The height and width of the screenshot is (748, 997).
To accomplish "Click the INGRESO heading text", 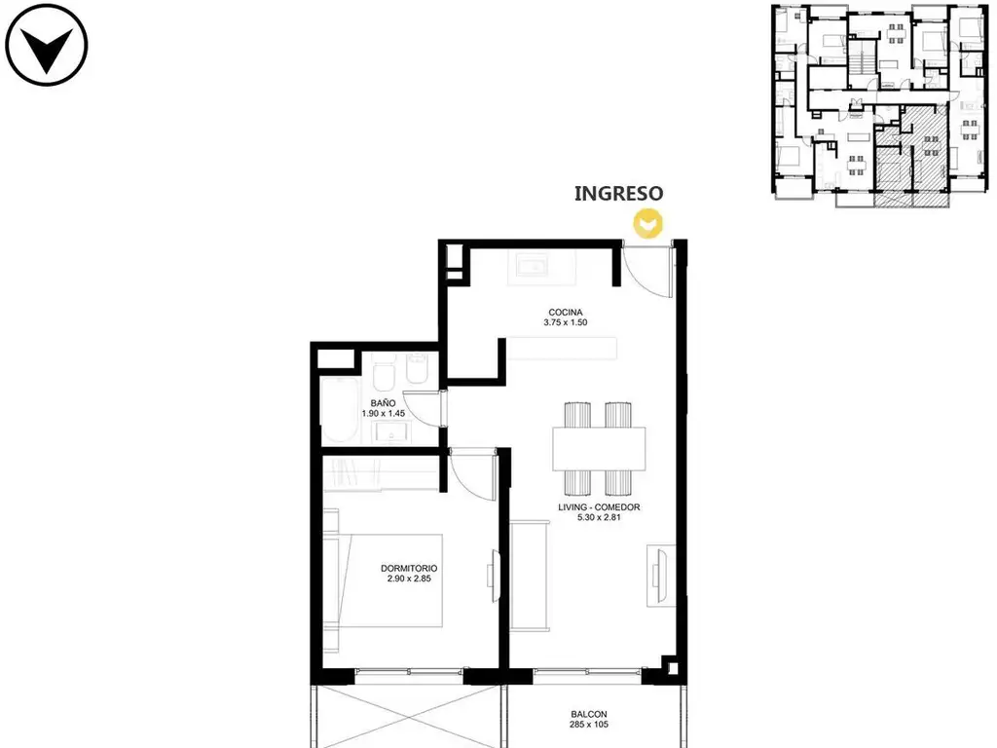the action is [x=618, y=194].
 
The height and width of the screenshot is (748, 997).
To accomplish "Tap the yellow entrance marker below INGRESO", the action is [x=647, y=223].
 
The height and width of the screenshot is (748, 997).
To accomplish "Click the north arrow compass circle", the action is [x=47, y=45].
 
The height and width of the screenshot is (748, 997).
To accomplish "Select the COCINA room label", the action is [x=566, y=313].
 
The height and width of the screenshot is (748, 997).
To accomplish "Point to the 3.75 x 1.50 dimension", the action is [x=566, y=322].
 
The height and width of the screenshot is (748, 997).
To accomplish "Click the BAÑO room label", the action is [x=383, y=403].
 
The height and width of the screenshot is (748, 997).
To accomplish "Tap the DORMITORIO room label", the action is [x=409, y=569].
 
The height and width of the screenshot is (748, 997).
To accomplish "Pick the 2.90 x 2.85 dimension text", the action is [x=409, y=579].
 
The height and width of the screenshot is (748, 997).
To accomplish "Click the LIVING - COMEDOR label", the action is [x=599, y=507].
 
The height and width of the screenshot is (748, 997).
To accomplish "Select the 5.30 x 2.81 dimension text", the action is [x=599, y=518].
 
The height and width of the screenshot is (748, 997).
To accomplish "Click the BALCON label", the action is [x=589, y=714].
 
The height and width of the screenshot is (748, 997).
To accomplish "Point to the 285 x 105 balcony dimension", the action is [x=589, y=725].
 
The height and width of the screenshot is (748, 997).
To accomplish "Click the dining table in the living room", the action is [x=599, y=449].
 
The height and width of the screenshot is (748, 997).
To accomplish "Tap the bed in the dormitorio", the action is [x=383, y=580].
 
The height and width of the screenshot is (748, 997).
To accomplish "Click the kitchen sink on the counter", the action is [x=533, y=265].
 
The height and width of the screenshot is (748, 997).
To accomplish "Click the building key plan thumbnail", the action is [x=880, y=105].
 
